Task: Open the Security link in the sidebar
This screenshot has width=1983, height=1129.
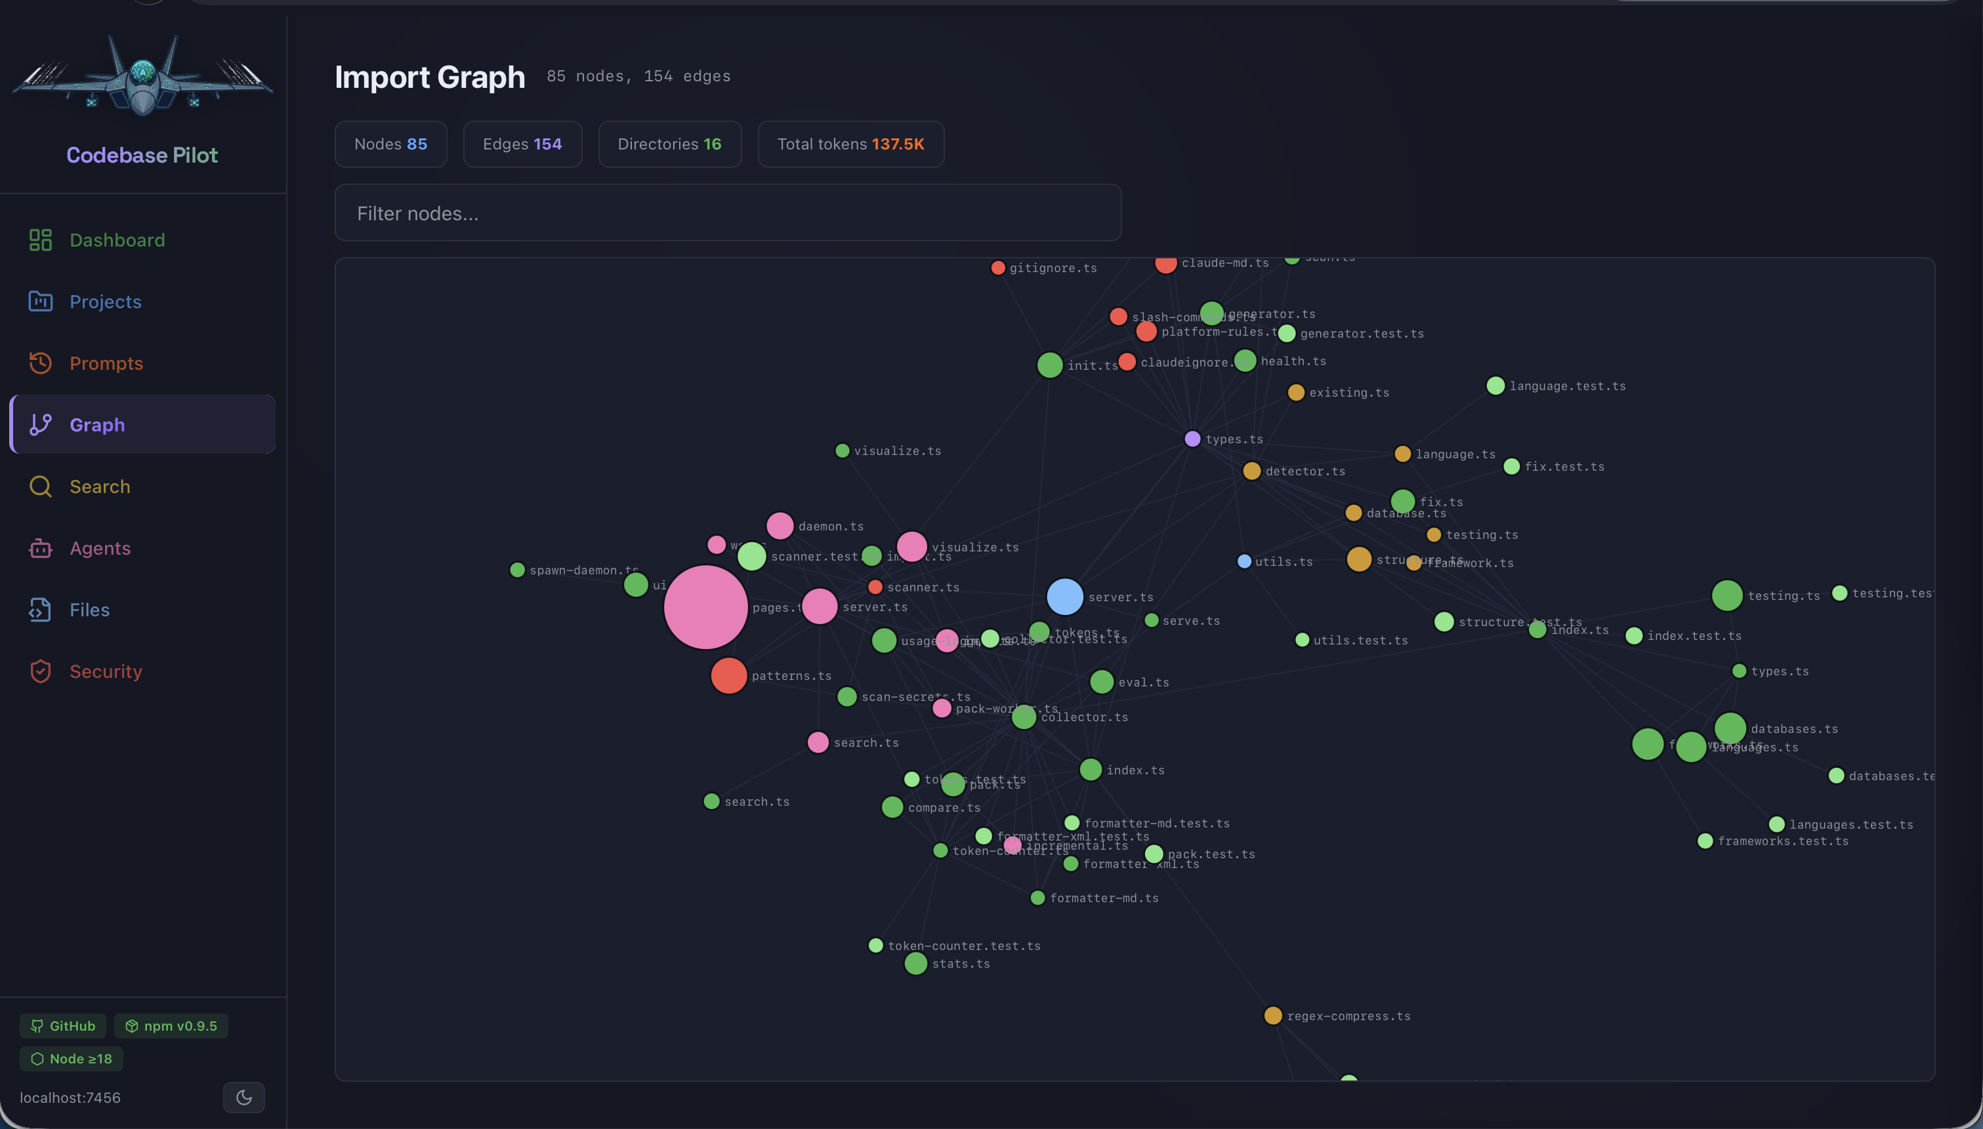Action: click(106, 671)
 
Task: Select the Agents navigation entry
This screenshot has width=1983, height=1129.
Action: click(99, 548)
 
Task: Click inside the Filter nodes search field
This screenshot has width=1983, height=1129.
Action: click(727, 213)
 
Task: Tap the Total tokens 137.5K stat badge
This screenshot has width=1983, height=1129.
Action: click(850, 144)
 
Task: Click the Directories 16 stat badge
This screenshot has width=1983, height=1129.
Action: click(669, 144)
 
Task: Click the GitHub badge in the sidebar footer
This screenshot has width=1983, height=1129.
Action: click(63, 1026)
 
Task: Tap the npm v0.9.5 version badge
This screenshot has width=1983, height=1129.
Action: click(171, 1026)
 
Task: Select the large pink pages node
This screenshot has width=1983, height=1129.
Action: click(705, 607)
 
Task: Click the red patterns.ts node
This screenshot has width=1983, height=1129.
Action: click(728, 675)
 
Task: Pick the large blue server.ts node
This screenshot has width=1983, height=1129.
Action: click(1064, 596)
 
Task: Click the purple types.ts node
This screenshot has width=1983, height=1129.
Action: click(1192, 439)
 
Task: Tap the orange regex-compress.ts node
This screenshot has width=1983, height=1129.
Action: click(1272, 1016)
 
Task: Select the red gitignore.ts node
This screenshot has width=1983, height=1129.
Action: click(997, 268)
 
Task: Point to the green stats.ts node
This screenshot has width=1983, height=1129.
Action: click(915, 964)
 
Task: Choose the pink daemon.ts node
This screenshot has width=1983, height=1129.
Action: click(780, 526)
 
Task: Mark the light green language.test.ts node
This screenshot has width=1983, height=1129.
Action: click(1495, 386)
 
